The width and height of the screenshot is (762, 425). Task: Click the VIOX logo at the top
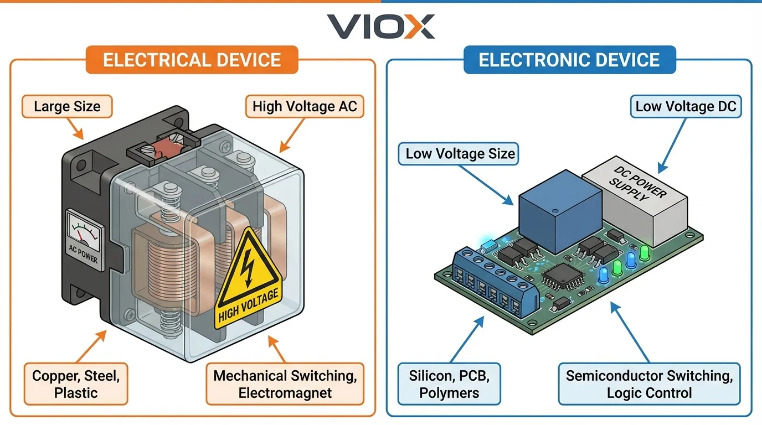point(380,26)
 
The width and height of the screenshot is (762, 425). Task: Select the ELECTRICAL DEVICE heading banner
point(192,60)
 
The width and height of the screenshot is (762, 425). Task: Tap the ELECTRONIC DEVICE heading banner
point(569,60)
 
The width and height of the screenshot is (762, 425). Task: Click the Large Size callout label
point(67,106)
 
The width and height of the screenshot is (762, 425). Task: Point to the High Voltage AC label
point(304,106)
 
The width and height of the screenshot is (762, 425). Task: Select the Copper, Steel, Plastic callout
point(76,384)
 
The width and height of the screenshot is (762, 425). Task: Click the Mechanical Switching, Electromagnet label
point(285,384)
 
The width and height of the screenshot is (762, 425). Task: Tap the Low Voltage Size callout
point(460,153)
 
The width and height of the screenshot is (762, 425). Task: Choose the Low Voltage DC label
point(686,106)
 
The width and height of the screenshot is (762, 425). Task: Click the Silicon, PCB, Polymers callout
point(449,384)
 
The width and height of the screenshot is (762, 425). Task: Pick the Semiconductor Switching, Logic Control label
point(649,384)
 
